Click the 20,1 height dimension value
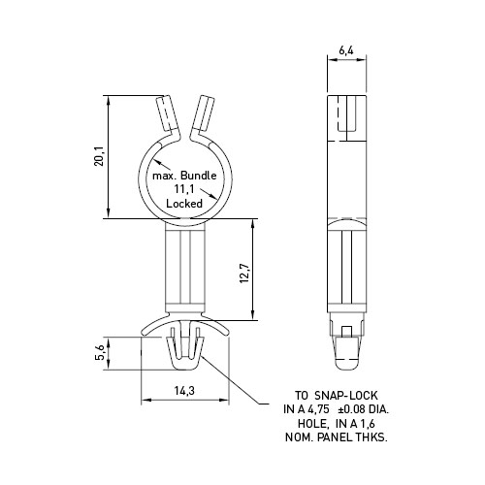coord(99,156)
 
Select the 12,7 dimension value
coord(244,274)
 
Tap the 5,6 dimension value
coord(101,352)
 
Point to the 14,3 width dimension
coord(184,391)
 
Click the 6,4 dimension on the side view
coord(346,50)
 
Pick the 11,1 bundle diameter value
coord(184,189)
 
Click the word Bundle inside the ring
coord(198,176)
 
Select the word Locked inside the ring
coord(184,204)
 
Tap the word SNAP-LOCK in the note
coord(346,395)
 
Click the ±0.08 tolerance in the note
coord(351,409)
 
